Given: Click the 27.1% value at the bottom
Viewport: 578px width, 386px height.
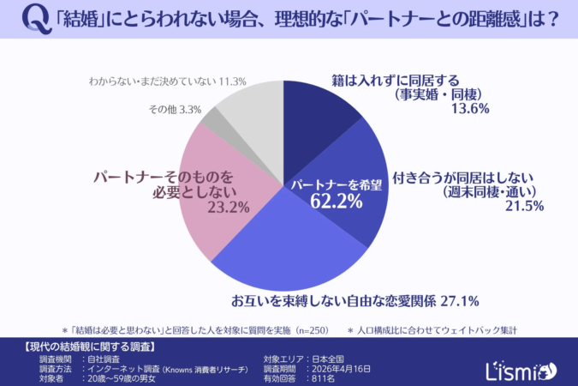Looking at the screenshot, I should coord(458,301).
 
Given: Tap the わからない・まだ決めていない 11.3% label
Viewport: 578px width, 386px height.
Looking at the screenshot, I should coord(167,81).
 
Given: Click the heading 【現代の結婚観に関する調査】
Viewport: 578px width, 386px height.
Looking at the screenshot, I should coord(86,347).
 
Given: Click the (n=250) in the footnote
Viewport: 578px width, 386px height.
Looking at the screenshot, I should coord(310,329).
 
